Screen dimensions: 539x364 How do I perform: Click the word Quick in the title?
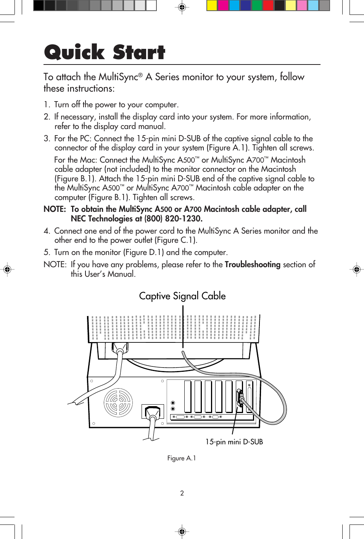pyautogui.click(x=74, y=52)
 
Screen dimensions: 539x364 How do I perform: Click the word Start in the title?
pyautogui.click(x=139, y=52)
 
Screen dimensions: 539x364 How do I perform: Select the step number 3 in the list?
pyautogui.click(x=47, y=139)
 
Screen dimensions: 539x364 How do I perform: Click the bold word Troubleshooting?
pyautogui.click(x=252, y=265)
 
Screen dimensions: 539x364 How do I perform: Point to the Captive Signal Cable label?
pyautogui.click(x=182, y=296)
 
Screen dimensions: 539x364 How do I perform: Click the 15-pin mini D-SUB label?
pyautogui.click(x=234, y=442)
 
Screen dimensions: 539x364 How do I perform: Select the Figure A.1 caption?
pyautogui.click(x=182, y=458)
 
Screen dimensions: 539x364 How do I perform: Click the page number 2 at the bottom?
pyautogui.click(x=182, y=493)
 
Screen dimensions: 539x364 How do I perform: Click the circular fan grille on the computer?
pyautogui.click(x=118, y=403)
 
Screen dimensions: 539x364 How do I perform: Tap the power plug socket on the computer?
pyautogui.click(x=153, y=412)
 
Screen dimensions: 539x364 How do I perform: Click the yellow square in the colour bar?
pyautogui.click(x=212, y=5)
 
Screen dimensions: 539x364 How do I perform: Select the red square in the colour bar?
pyautogui.click(x=268, y=5)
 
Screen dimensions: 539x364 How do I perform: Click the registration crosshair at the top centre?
pyautogui.click(x=182, y=7)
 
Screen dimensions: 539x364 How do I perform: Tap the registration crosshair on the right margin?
pyautogui.click(x=356, y=269)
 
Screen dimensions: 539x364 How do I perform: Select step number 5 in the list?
pyautogui.click(x=47, y=252)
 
